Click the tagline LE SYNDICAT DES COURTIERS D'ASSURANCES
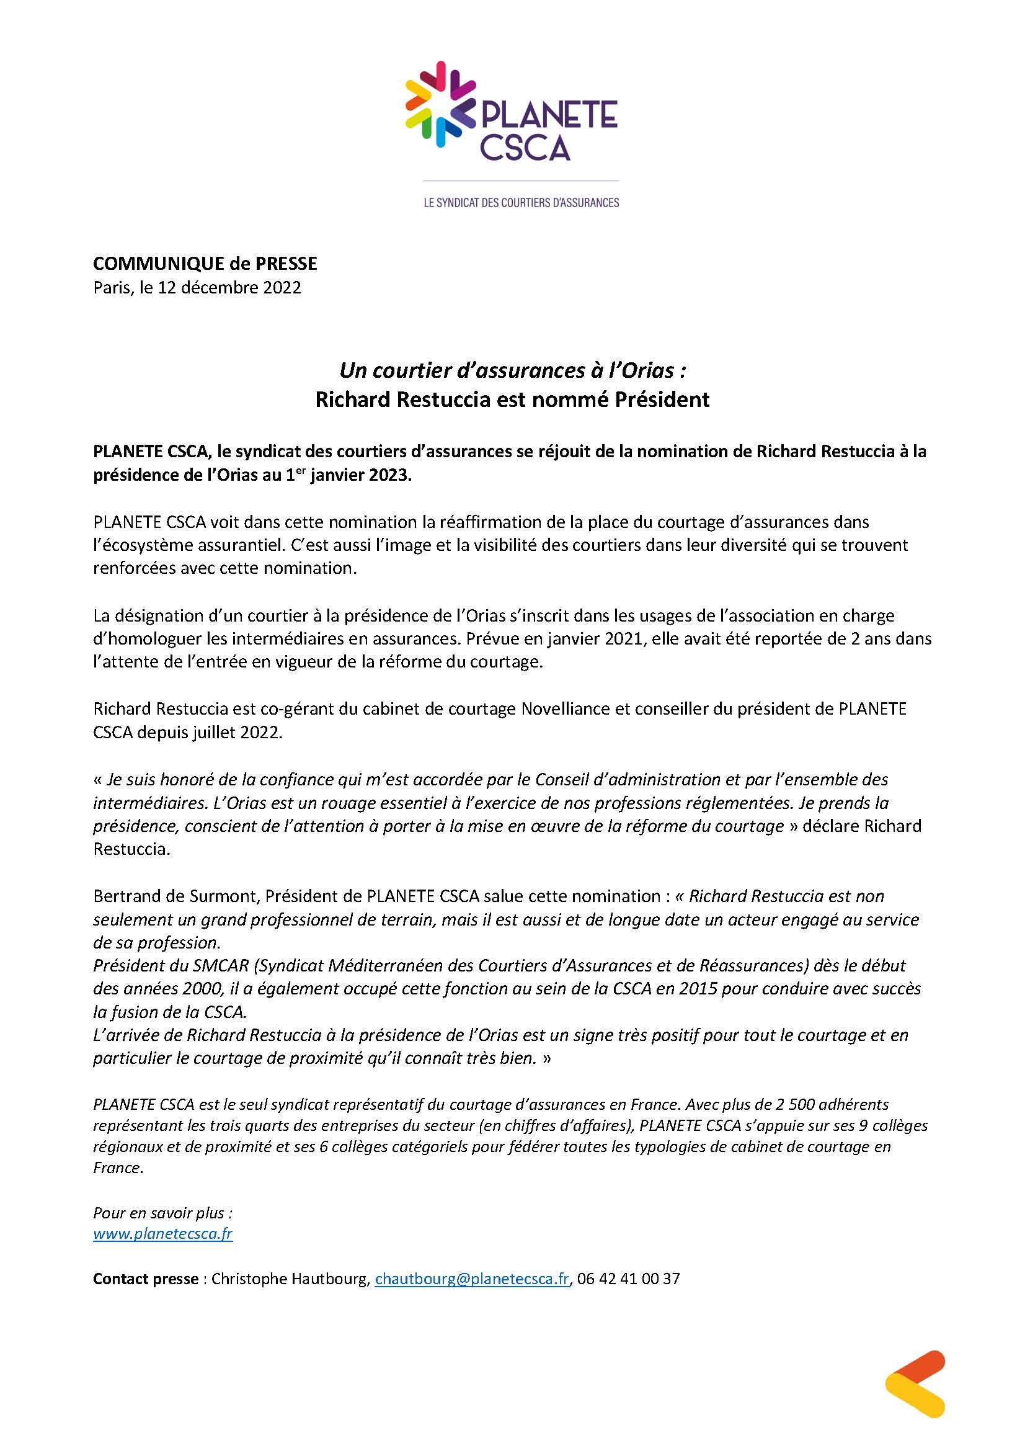521,203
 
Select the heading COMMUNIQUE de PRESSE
205,264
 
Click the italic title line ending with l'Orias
512,370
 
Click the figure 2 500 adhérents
828,1104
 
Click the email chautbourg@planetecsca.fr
472,1279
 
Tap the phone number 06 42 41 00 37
628,1279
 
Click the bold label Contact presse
145,1279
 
